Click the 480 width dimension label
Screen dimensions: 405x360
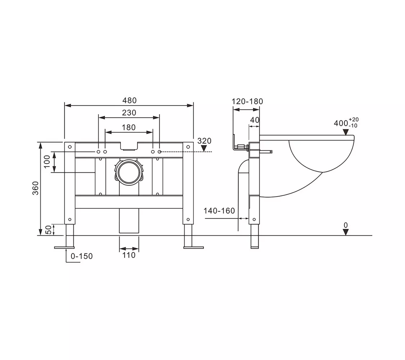click(x=129, y=100)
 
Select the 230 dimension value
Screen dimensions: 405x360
click(x=129, y=113)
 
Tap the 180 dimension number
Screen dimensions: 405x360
click(x=129, y=127)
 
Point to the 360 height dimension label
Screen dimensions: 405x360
click(x=35, y=188)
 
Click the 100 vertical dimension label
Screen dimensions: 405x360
click(x=47, y=161)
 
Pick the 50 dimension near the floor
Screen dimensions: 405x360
click(x=48, y=230)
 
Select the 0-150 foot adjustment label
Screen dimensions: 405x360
click(x=82, y=256)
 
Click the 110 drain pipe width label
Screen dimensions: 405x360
click(x=129, y=255)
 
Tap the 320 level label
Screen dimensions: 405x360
click(x=204, y=141)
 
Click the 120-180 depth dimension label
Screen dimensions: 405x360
click(x=247, y=101)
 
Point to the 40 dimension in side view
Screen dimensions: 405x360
click(x=255, y=120)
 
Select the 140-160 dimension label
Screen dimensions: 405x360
click(x=219, y=211)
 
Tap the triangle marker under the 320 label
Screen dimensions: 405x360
click(x=204, y=148)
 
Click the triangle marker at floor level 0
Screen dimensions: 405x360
click(x=346, y=232)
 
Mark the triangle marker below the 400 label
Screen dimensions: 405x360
click(x=346, y=132)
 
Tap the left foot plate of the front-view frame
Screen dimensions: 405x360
click(x=64, y=248)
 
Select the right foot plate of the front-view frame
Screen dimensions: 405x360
click(x=193, y=248)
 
